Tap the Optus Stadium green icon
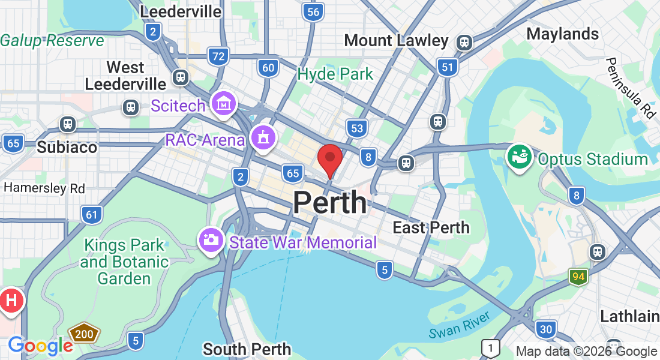coord(519,157)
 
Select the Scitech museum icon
coord(224,103)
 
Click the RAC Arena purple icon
coord(263,137)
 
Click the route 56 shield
coord(312,12)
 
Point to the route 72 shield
coord(219,57)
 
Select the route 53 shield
coord(357,128)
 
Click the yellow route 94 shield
coord(578,277)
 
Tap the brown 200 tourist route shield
coord(84,334)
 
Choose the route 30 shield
coord(545,329)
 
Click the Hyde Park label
coord(335,74)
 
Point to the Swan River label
coord(460,325)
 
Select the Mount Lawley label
coord(396,41)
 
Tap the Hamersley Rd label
coord(44,188)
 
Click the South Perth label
coord(247,349)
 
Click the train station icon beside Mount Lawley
coord(464,42)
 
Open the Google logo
coord(40,346)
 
